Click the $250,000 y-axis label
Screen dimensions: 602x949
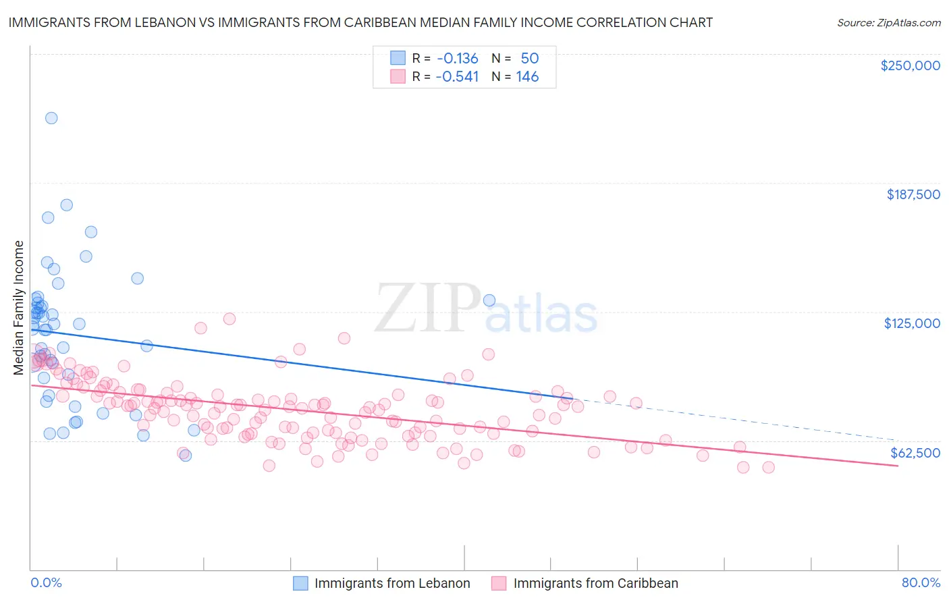910,65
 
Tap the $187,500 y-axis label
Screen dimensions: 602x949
913,194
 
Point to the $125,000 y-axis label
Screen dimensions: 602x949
912,323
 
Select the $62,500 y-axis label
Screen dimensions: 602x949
915,453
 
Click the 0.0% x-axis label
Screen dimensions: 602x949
46,582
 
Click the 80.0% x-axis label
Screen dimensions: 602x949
921,582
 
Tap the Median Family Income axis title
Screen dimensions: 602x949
18,307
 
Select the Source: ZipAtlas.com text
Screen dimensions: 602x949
888,22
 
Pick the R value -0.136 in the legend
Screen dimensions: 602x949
457,58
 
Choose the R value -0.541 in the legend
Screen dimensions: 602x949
457,76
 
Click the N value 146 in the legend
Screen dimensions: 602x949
527,76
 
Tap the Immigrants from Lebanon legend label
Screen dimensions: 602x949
392,583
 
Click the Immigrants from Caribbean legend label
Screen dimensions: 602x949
595,583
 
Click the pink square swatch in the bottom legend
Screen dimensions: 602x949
499,583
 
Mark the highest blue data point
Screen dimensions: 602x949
51,118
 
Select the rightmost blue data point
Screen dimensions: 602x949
489,300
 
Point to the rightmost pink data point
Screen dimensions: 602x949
768,467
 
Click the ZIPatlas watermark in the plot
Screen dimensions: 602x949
486,309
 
